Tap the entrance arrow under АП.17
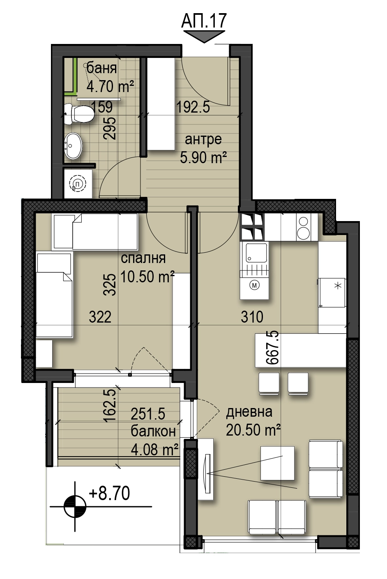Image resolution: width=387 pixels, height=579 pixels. pos(204,37)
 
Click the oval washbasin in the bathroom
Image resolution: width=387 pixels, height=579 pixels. pos(73,145)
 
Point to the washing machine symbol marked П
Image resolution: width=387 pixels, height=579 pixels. pos(78,184)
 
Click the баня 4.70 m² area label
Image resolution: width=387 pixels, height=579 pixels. pos(110,77)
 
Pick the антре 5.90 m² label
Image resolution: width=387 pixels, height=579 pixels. pos(203,149)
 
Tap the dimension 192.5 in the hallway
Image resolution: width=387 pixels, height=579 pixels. pos(193,107)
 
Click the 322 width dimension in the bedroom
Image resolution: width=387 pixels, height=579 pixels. pos(100,317)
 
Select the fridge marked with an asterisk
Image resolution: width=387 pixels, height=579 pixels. pos(332,292)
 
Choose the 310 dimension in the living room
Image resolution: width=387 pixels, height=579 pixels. pos(252,317)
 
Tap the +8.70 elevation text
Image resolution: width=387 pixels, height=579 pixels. pos(109,493)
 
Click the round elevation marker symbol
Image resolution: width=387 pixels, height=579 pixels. pos(75,506)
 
